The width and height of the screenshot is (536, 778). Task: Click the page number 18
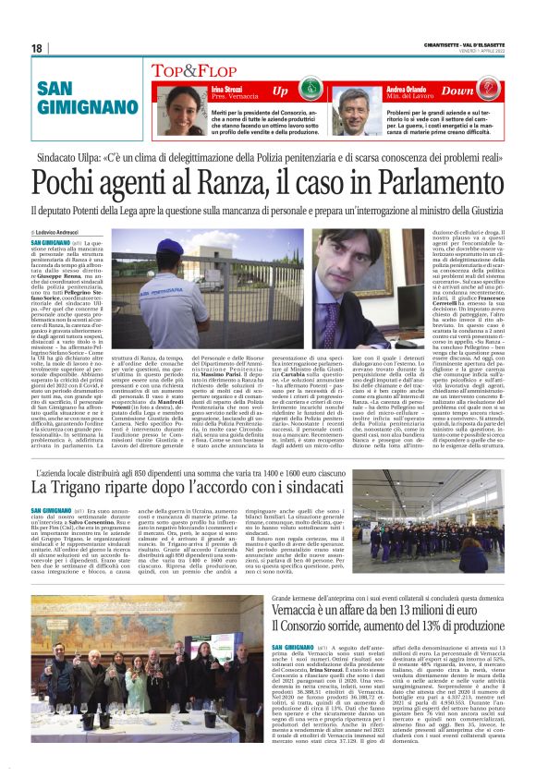[x=36, y=48]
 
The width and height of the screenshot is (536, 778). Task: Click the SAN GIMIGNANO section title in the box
[x=79, y=97]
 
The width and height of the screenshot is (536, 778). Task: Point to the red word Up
[x=281, y=91]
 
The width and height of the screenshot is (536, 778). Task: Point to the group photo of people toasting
[x=135, y=699]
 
